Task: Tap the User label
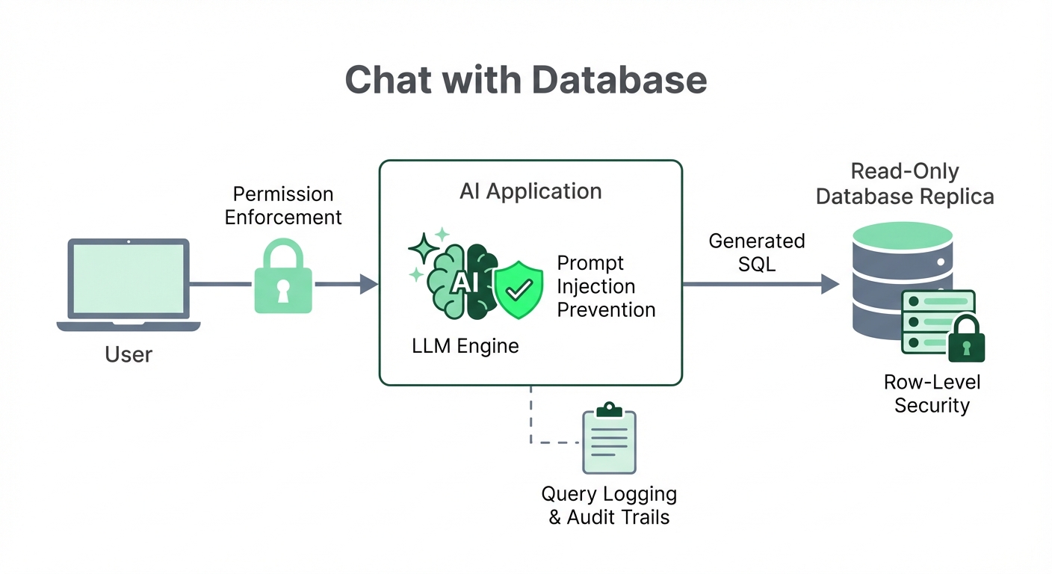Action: coord(129,354)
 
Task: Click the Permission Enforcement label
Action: coord(283,206)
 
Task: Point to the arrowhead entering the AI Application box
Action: coord(368,284)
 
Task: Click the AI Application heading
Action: coord(530,191)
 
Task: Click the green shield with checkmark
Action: coord(519,288)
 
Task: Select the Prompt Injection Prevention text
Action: coord(606,286)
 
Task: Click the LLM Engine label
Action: coord(465,346)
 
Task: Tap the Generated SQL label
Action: coord(756,253)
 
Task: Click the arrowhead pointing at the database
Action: coord(830,284)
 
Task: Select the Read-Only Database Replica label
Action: coord(905,184)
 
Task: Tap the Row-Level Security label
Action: coord(932,394)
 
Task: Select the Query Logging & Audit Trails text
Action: coord(609,505)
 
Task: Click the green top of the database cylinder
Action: coord(902,238)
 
